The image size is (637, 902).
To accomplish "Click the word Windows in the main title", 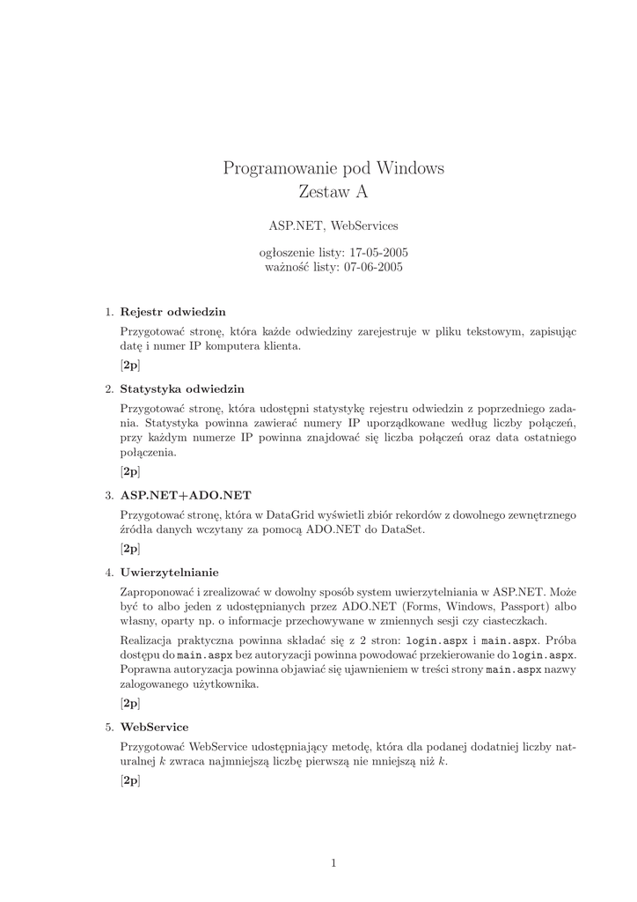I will pos(411,167).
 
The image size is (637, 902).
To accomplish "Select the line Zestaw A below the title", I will pos(333,192).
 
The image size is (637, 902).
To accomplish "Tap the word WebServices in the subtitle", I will pos(363,226).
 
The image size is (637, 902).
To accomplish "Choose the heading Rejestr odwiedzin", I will pos(172,312).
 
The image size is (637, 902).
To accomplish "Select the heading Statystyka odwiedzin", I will pos(182,388).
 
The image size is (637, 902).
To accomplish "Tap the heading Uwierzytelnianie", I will pos(170,572).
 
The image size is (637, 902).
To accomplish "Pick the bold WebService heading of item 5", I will pos(154,727).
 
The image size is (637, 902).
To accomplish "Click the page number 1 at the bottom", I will pos(333,862).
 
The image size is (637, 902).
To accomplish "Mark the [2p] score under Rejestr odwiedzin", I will pos(130,364).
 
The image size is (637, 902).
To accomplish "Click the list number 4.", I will pos(109,572).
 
